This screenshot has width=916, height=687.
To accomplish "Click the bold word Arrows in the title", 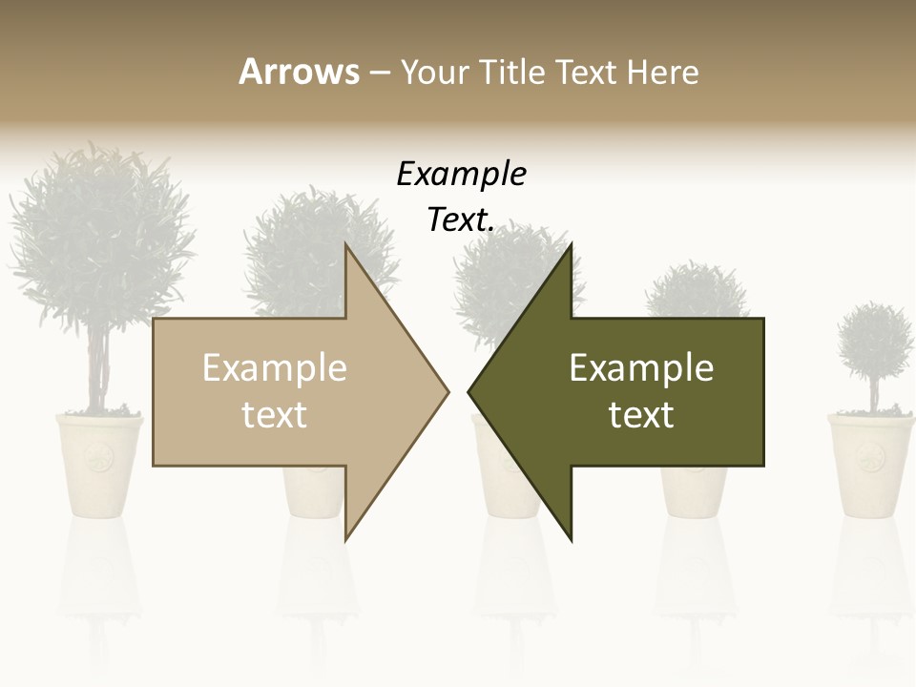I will tap(299, 72).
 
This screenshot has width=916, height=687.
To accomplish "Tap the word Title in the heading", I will tap(513, 73).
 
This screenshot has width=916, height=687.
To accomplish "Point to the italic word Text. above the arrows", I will tap(461, 219).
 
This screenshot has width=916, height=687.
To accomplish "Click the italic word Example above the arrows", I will tap(461, 175).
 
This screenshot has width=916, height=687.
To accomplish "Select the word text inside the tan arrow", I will tap(274, 415).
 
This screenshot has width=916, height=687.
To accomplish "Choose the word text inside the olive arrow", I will tap(641, 415).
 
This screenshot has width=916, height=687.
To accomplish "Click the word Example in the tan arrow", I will tap(274, 368).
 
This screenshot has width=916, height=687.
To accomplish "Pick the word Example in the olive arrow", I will tap(641, 368).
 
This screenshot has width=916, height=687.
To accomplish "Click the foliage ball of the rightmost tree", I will tap(874, 341).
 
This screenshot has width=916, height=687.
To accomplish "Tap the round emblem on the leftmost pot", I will tap(98, 459).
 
